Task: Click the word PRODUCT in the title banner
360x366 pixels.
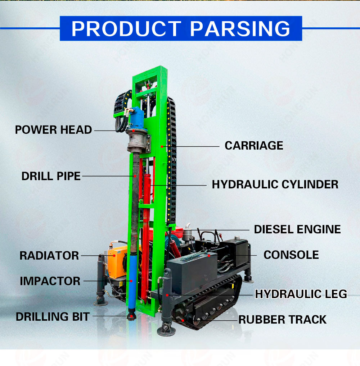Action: coord(126,29)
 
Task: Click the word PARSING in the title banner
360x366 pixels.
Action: coord(240,29)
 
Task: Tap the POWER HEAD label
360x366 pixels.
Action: coord(53,130)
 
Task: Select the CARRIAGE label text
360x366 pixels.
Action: coord(254,146)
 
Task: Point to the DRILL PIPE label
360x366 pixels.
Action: coord(51,176)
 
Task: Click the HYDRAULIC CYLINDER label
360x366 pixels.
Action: coord(275,184)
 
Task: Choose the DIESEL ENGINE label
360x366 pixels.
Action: coord(297,229)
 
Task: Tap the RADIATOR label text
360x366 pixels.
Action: coord(49,256)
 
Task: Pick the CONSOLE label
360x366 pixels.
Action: coord(291,255)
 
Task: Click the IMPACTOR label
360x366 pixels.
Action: coord(50,281)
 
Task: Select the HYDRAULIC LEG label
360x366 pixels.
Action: coord(301,294)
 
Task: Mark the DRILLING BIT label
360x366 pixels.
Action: coord(53,317)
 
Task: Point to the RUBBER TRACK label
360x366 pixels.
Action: coord(283,319)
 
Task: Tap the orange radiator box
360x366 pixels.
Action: coord(115,262)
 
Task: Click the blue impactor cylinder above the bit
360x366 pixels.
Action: coord(132,280)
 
